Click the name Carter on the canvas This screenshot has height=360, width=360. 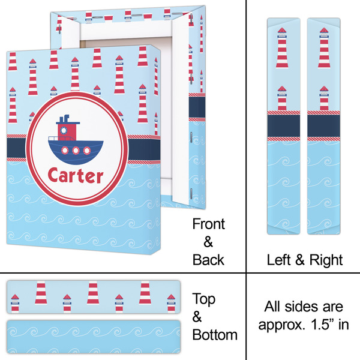[x=75, y=176]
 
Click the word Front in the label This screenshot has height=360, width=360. [x=208, y=224]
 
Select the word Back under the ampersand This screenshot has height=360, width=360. [x=208, y=259]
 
